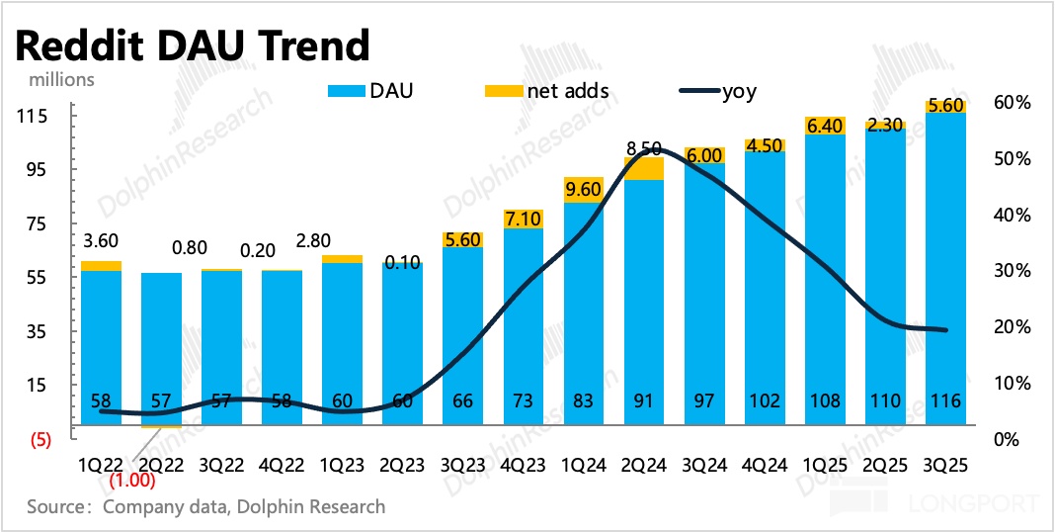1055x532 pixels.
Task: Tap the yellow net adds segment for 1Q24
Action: [583, 190]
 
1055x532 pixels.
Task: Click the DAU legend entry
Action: [371, 92]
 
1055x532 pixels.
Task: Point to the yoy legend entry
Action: [718, 92]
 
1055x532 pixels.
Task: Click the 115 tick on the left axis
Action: [36, 117]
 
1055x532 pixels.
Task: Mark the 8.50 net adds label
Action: [643, 148]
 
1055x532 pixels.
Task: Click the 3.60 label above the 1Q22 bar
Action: [100, 240]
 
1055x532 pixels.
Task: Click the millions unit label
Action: [60, 79]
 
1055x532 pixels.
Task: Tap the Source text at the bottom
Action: [205, 506]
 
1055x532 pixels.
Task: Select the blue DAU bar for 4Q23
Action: [523, 316]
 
